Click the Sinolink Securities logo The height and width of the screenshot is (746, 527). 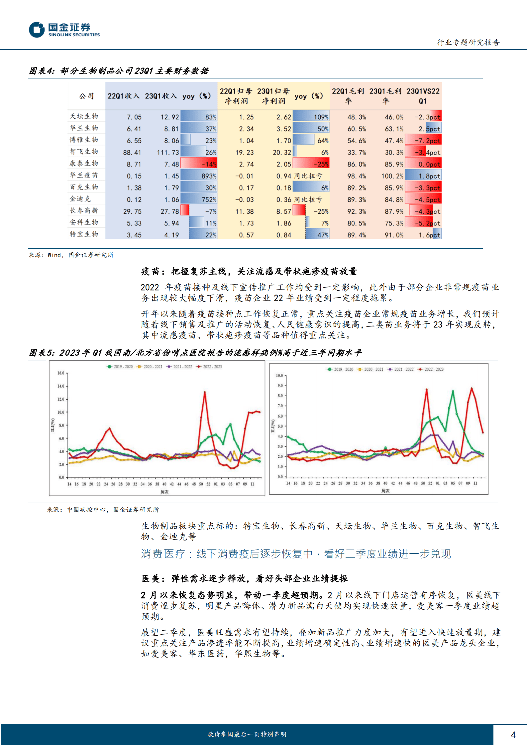click(x=64, y=30)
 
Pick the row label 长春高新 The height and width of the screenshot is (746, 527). click(x=84, y=210)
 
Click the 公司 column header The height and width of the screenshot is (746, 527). click(x=86, y=96)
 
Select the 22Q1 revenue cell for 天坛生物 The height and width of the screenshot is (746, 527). click(x=134, y=117)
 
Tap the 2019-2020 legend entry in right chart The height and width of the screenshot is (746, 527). click(x=341, y=369)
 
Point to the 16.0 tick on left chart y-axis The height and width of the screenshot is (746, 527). click(x=61, y=373)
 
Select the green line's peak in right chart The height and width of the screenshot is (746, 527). click(x=453, y=392)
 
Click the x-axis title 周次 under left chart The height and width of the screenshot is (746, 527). click(x=164, y=492)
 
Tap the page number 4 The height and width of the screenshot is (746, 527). click(x=513, y=735)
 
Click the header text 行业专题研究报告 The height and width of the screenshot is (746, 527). click(x=468, y=42)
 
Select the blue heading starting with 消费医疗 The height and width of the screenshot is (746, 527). click(x=296, y=554)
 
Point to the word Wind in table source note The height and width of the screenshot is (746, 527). click(x=54, y=255)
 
